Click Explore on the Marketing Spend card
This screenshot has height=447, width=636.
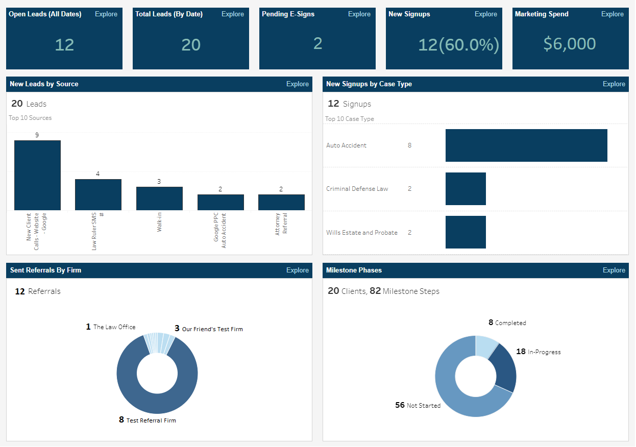[612, 14]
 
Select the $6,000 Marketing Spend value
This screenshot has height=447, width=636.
[569, 44]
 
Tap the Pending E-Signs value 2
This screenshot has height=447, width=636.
[317, 44]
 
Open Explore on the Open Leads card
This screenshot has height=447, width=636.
[106, 14]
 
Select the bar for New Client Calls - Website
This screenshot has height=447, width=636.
[37, 175]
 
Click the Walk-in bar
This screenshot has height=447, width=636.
[159, 198]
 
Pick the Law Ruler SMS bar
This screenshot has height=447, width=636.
[98, 194]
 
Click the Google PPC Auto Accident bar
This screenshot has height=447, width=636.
[221, 202]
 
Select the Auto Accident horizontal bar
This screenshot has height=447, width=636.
[526, 145]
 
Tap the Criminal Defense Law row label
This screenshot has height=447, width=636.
[357, 189]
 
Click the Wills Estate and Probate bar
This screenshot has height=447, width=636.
[466, 232]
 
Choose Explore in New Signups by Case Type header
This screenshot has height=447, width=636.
[614, 84]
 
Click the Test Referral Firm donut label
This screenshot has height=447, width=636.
[151, 420]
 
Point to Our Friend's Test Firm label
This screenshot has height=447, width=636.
[212, 329]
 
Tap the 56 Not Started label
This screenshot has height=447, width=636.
[418, 405]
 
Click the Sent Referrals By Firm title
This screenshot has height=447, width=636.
[45, 270]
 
